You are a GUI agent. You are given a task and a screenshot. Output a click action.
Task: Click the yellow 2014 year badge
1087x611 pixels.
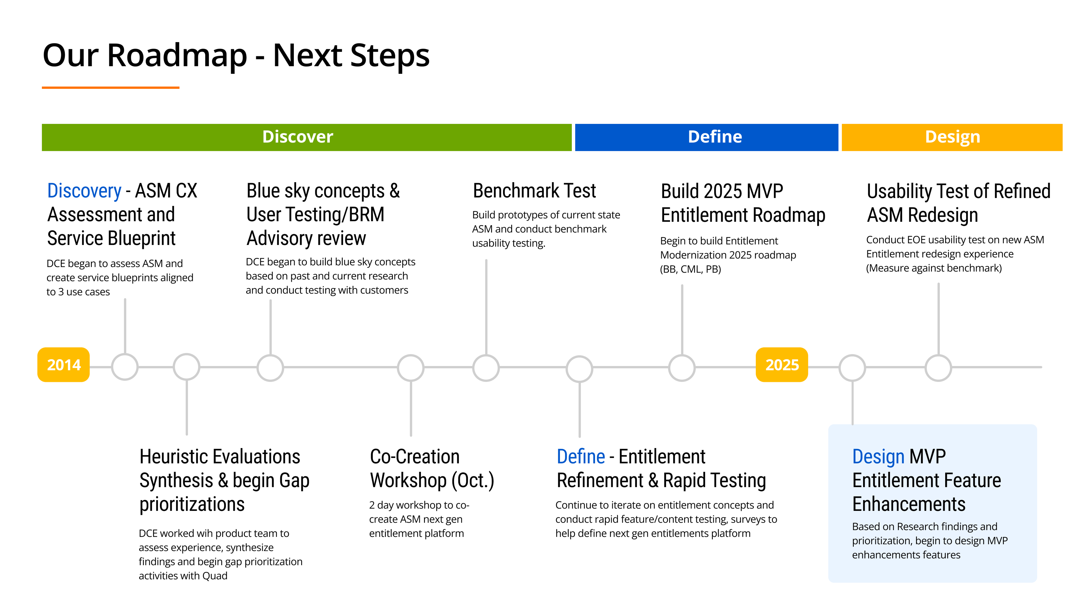click(x=63, y=365)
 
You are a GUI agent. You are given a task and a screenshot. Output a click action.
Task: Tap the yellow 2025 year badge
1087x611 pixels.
click(x=782, y=365)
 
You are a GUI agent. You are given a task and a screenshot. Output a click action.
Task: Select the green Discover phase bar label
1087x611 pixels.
click(x=298, y=137)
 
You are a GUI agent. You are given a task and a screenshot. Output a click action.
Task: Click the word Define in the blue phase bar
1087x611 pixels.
click(x=714, y=137)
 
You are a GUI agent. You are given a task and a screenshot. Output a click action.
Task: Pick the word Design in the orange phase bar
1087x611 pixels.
click(x=952, y=137)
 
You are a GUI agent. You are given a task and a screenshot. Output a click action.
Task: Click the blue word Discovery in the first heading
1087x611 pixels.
click(x=84, y=191)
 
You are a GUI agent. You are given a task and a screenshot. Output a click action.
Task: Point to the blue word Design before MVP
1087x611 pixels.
click(x=878, y=457)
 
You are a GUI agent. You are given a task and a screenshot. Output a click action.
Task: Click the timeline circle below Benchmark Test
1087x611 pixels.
click(x=486, y=368)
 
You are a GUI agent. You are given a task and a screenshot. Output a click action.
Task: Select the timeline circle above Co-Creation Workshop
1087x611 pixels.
click(x=410, y=368)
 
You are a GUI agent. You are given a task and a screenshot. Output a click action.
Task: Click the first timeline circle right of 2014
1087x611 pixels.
click(x=125, y=367)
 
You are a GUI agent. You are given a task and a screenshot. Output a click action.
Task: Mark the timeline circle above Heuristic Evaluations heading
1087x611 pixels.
click(x=187, y=367)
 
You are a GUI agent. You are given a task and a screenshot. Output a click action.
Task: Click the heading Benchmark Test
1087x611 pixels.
click(x=534, y=191)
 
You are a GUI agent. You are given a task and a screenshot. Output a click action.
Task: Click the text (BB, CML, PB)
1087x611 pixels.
click(x=690, y=269)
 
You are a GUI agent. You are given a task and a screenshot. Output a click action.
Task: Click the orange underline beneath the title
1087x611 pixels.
click(x=111, y=88)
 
